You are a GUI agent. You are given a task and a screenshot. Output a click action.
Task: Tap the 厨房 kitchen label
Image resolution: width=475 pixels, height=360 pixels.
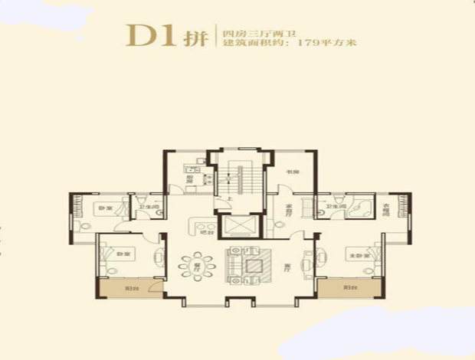(188, 179)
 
